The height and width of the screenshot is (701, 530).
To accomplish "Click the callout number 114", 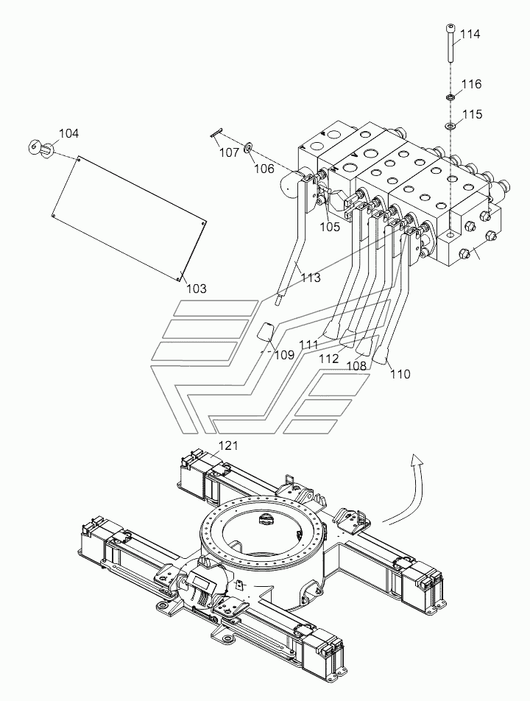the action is tap(470, 34).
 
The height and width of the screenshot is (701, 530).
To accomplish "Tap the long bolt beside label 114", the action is tap(450, 43).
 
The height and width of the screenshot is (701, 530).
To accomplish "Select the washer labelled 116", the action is tap(451, 96).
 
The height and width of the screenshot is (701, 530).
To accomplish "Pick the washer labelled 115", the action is tap(450, 126).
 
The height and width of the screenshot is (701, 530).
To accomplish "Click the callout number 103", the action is tap(197, 289).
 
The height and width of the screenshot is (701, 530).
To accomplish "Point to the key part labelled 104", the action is tap(41, 147).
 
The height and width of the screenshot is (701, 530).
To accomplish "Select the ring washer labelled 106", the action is tap(248, 147).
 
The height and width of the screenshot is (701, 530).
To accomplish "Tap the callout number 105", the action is tap(330, 227).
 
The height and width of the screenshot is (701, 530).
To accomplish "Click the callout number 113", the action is tap(311, 278).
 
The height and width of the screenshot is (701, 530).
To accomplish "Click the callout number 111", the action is tap(308, 345).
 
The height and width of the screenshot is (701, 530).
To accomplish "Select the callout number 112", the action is tap(328, 358).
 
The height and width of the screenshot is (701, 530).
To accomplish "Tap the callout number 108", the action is tap(356, 366).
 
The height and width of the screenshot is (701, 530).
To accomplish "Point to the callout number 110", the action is tap(400, 374).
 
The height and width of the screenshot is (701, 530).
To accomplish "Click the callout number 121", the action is tap(228, 445).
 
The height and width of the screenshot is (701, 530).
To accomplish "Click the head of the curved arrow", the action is tap(417, 459).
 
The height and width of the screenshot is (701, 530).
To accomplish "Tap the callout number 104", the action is tap(68, 133).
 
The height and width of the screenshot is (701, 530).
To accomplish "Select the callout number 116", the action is tap(471, 84).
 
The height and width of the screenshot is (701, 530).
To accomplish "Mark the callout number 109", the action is tap(284, 356).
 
